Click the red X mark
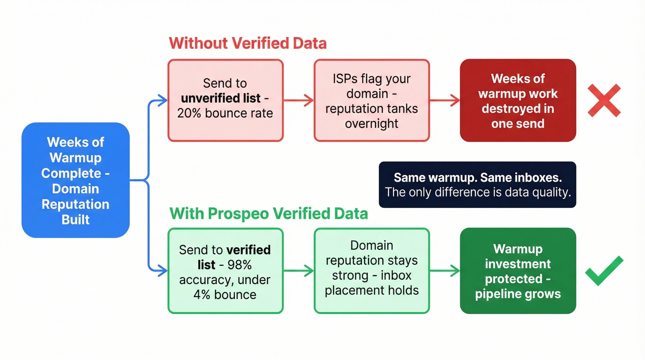pyautogui.click(x=604, y=100)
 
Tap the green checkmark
pyautogui.click(x=604, y=271)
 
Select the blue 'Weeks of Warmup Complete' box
pyautogui.click(x=76, y=180)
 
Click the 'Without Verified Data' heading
pyautogui.click(x=247, y=43)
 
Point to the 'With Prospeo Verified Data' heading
pyautogui.click(x=269, y=213)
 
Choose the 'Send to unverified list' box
pyautogui.click(x=225, y=100)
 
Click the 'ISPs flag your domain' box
pyautogui.click(x=371, y=100)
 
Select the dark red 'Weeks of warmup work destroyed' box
pyautogui.click(x=518, y=100)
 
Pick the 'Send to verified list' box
pyautogui.click(x=225, y=271)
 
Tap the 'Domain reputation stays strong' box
pyautogui.click(x=371, y=271)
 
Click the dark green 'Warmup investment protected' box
pyautogui.click(x=518, y=271)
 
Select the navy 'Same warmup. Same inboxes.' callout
pyautogui.click(x=477, y=185)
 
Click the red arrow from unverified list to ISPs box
pyautogui.click(x=299, y=100)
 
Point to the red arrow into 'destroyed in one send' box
pyautogui.click(x=445, y=100)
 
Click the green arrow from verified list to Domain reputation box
pyautogui.click(x=299, y=271)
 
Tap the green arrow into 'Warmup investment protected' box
pyautogui.click(x=445, y=271)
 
